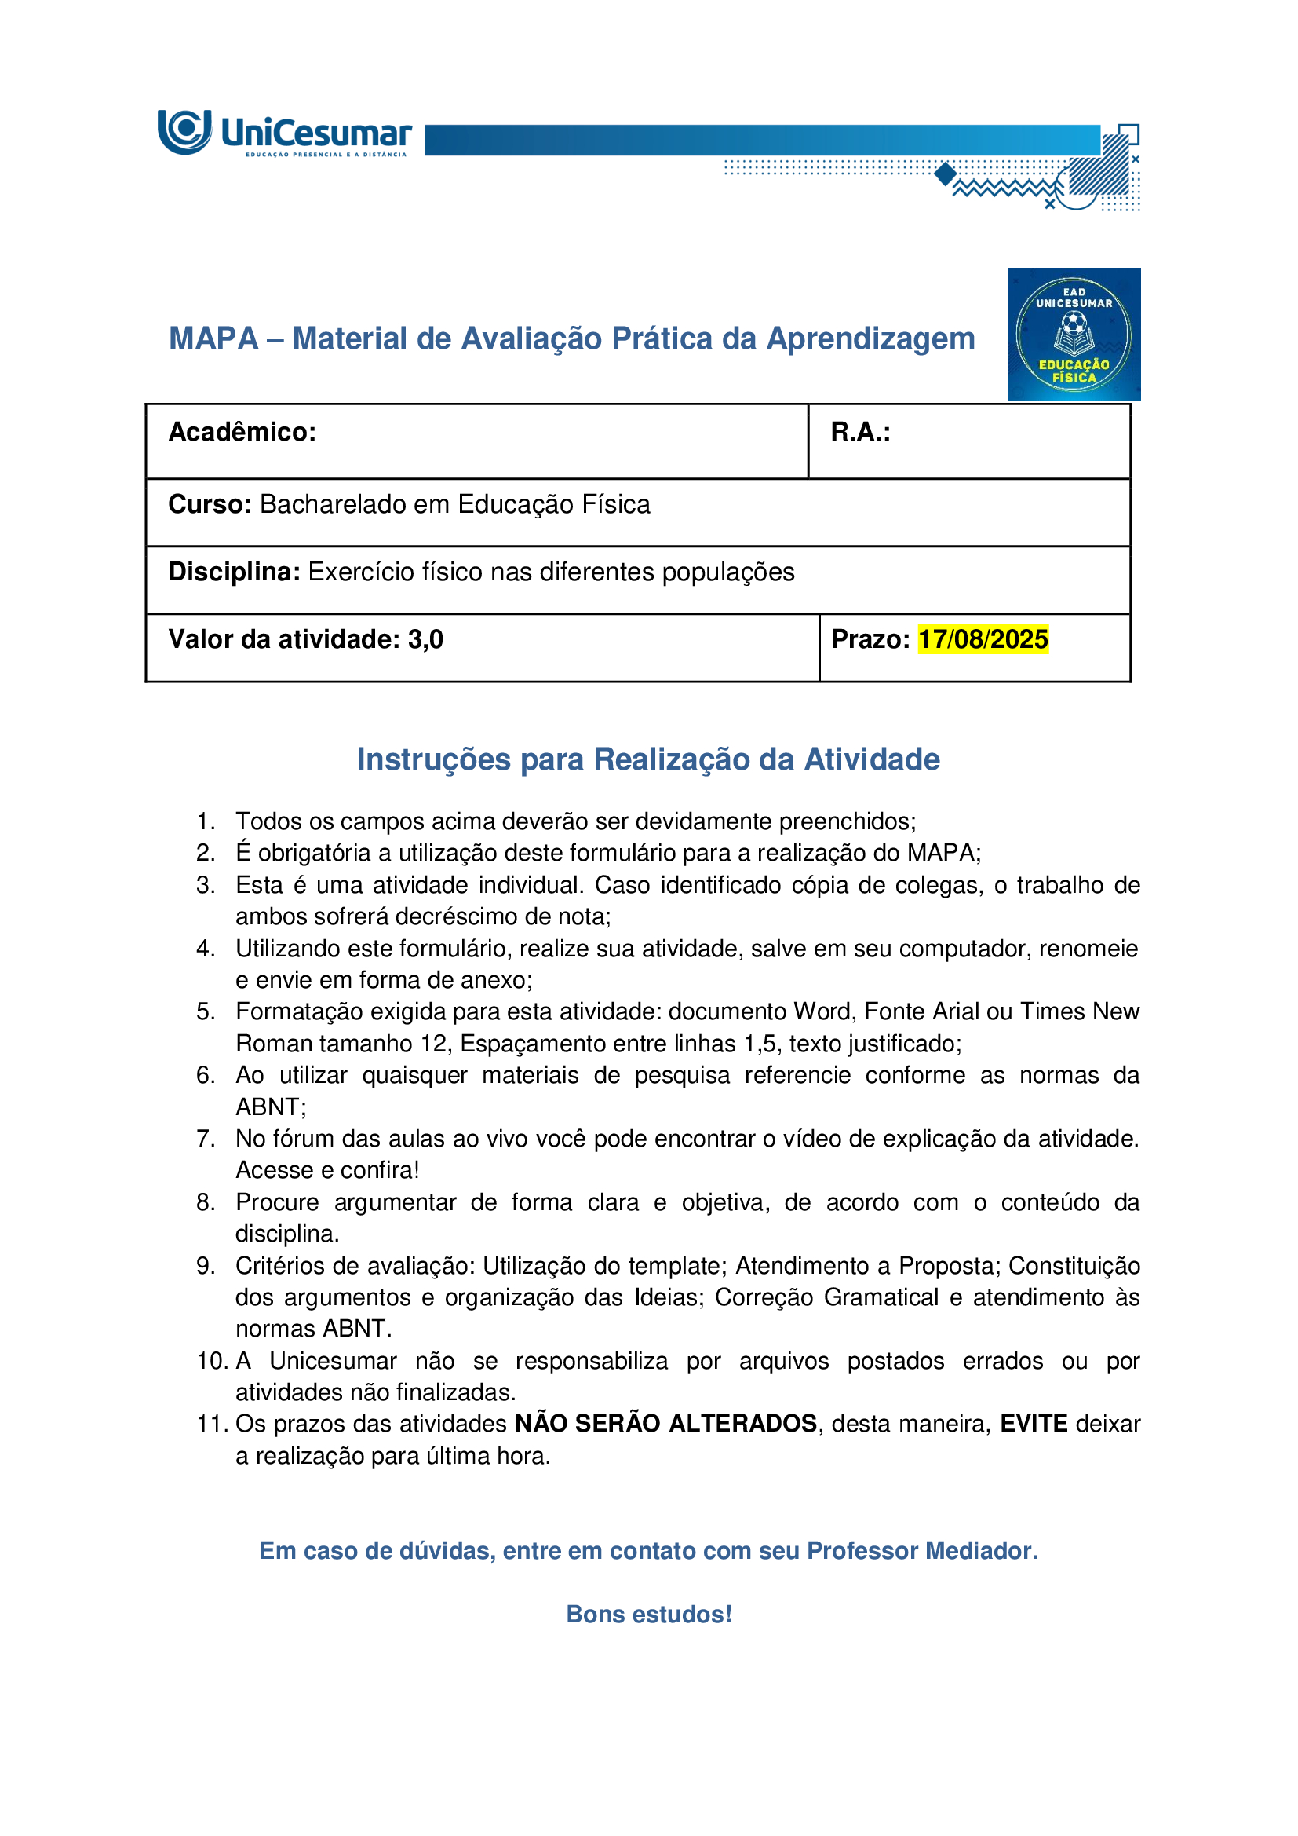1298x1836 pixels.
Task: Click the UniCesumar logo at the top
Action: [284, 133]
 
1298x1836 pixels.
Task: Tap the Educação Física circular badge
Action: [1074, 335]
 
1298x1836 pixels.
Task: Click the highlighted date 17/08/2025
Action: [983, 640]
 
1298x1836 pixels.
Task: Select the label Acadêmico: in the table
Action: [242, 432]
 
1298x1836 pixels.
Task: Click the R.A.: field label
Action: [860, 432]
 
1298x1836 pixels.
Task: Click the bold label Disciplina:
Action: [234, 572]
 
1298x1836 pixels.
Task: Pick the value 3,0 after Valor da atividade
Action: [425, 640]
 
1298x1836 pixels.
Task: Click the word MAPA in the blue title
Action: [213, 338]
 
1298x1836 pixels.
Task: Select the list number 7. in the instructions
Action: [206, 1138]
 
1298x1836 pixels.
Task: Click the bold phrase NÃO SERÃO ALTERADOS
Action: [665, 1424]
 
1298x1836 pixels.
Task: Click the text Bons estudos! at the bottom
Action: [649, 1614]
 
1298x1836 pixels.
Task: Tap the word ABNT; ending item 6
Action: [271, 1106]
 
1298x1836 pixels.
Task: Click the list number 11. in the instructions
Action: [212, 1424]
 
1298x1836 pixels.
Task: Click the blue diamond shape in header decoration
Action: [946, 174]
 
